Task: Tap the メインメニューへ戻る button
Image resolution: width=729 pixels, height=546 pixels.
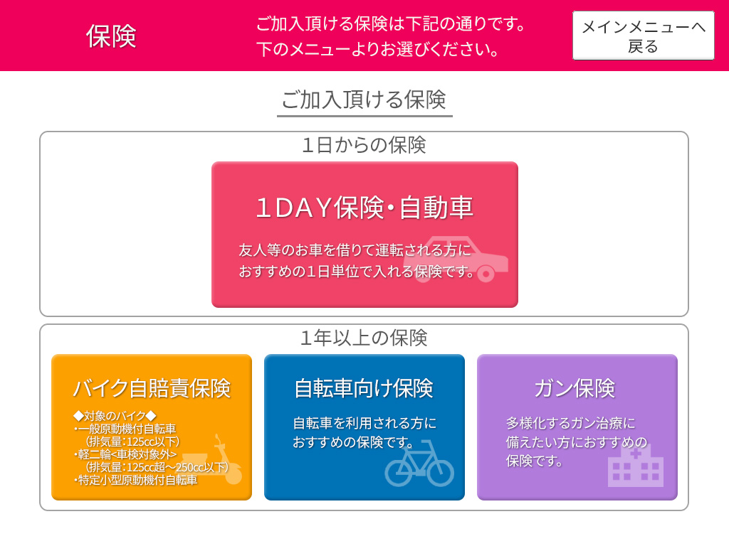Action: pyautogui.click(x=643, y=36)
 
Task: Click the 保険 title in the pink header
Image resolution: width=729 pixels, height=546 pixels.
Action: pyautogui.click(x=111, y=36)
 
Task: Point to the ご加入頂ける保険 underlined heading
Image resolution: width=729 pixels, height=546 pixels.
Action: pyautogui.click(x=364, y=100)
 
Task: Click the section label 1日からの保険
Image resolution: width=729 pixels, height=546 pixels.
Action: pyautogui.click(x=364, y=145)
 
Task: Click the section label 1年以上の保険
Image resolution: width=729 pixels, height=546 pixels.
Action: pyautogui.click(x=364, y=338)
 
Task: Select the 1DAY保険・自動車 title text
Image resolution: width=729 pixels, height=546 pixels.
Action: pyautogui.click(x=364, y=208)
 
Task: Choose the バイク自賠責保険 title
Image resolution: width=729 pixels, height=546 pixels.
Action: pyautogui.click(x=152, y=388)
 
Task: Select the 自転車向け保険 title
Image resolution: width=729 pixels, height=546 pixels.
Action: pyautogui.click(x=364, y=388)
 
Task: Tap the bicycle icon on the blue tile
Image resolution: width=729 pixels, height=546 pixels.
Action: pyautogui.click(x=419, y=463)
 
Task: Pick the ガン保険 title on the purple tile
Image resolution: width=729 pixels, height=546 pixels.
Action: pyautogui.click(x=575, y=388)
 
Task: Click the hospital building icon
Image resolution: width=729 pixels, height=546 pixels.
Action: pyautogui.click(x=635, y=466)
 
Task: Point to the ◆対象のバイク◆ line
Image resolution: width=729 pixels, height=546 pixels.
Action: pyautogui.click(x=115, y=416)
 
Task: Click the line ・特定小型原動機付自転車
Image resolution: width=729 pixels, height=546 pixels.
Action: pyautogui.click(x=135, y=480)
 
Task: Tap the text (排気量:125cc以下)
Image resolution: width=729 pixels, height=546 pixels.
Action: pyautogui.click(x=132, y=441)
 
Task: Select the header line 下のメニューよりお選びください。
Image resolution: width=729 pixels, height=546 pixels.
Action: pyautogui.click(x=378, y=49)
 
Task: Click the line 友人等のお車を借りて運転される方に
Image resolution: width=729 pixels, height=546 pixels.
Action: pyautogui.click(x=355, y=250)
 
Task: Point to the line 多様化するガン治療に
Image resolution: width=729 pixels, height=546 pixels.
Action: pyautogui.click(x=570, y=423)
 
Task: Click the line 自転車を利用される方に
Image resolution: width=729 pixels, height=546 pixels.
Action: pyautogui.click(x=364, y=423)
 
